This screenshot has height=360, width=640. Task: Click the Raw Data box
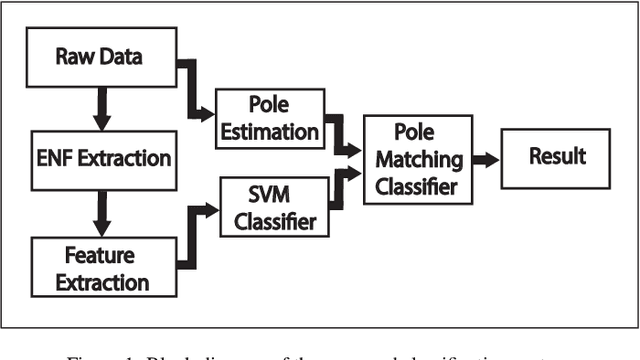click(99, 56)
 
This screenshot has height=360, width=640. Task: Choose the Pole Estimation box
click(268, 119)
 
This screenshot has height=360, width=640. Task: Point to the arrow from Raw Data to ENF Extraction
click(99, 106)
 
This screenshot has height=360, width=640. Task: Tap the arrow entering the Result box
click(485, 159)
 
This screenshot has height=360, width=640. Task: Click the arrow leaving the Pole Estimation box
click(340, 136)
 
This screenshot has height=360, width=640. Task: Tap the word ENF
click(60, 157)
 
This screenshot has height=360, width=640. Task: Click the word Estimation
click(268, 131)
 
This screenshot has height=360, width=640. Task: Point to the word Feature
click(99, 256)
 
